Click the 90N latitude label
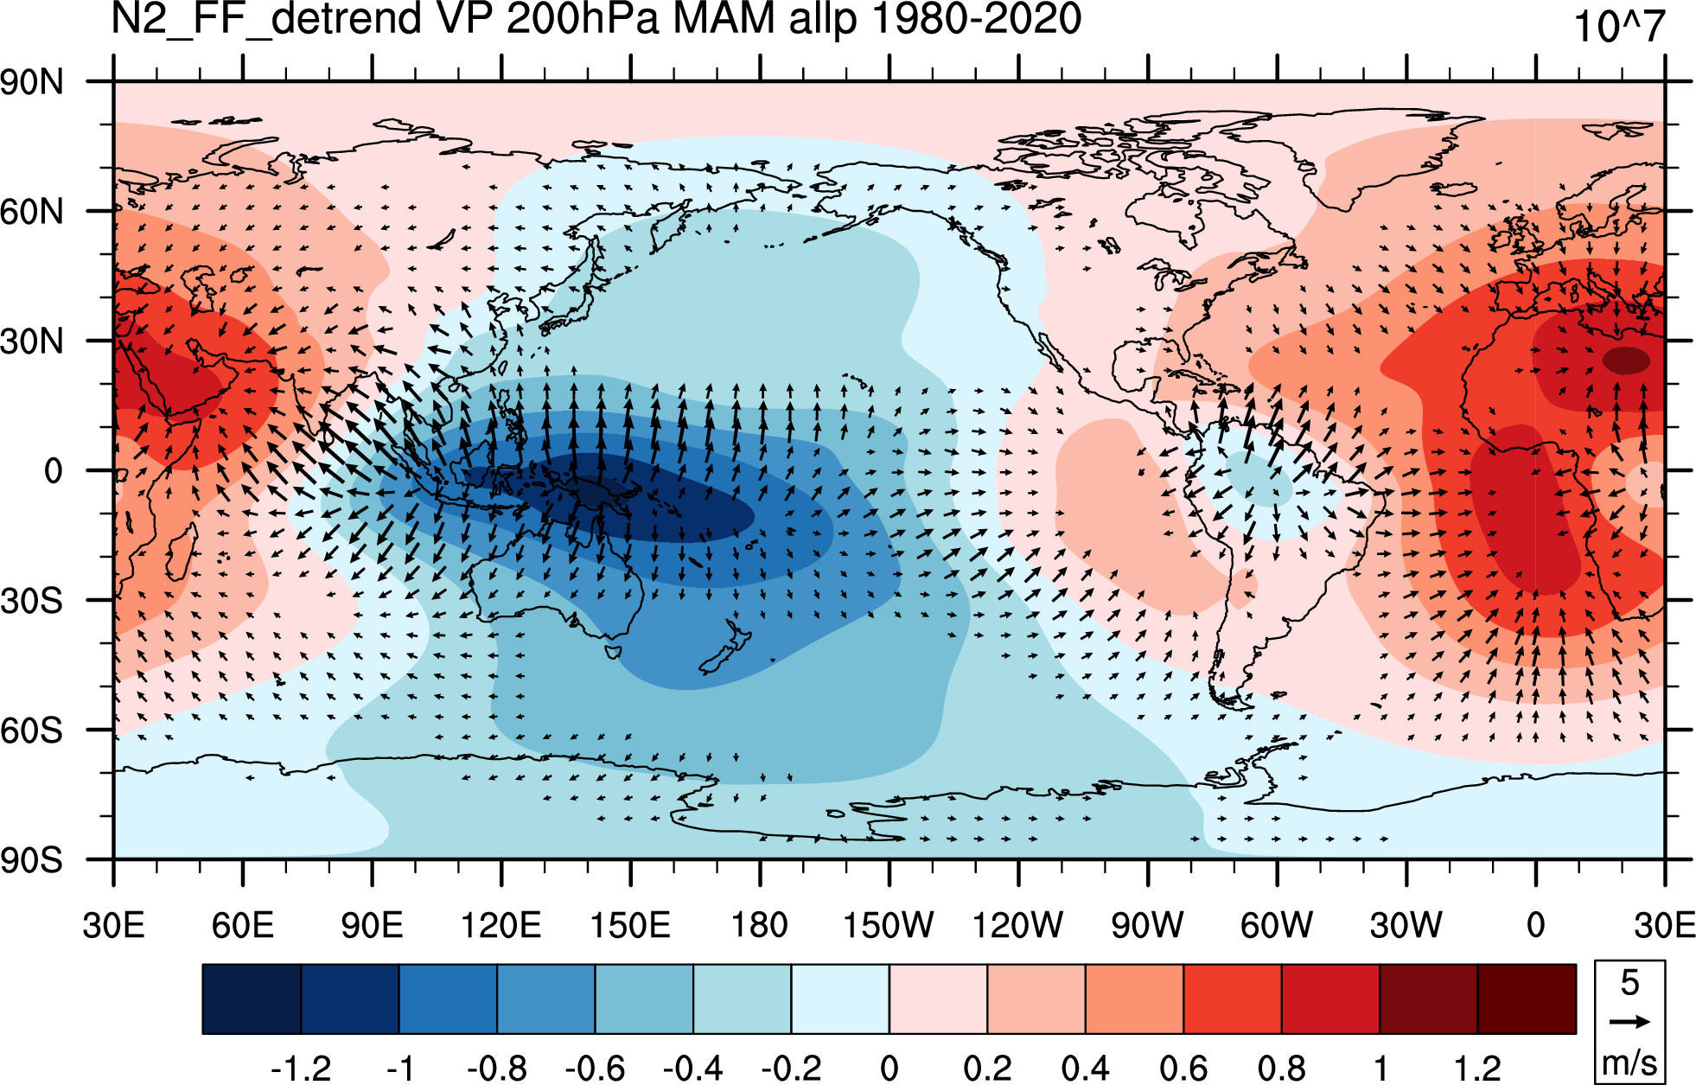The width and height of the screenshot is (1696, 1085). pyautogui.click(x=32, y=83)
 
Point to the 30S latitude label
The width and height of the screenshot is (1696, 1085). pyautogui.click(x=32, y=601)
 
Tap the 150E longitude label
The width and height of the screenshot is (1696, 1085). pyautogui.click(x=630, y=925)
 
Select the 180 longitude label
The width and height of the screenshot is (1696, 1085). pyautogui.click(x=760, y=925)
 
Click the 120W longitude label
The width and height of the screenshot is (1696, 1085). pyautogui.click(x=1017, y=925)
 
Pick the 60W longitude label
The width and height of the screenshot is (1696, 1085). pyautogui.click(x=1277, y=925)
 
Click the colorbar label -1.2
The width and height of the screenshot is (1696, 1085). pyautogui.click(x=301, y=1069)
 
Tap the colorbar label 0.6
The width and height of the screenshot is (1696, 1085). pyautogui.click(x=1183, y=1069)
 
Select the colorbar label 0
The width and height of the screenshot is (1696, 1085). pyautogui.click(x=889, y=1069)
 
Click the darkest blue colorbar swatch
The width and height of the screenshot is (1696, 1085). pyautogui.click(x=252, y=999)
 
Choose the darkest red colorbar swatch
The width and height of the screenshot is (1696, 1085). pyautogui.click(x=1527, y=999)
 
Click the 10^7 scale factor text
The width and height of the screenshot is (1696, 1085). pyautogui.click(x=1619, y=26)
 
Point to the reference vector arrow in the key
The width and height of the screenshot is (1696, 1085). pyautogui.click(x=1629, y=1022)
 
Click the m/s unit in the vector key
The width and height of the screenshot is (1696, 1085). pyautogui.click(x=1629, y=1062)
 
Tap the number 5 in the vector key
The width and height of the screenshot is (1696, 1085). pyautogui.click(x=1629, y=982)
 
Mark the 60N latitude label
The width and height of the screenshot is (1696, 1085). pyautogui.click(x=32, y=212)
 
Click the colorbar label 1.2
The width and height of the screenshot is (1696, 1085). pyautogui.click(x=1477, y=1069)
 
